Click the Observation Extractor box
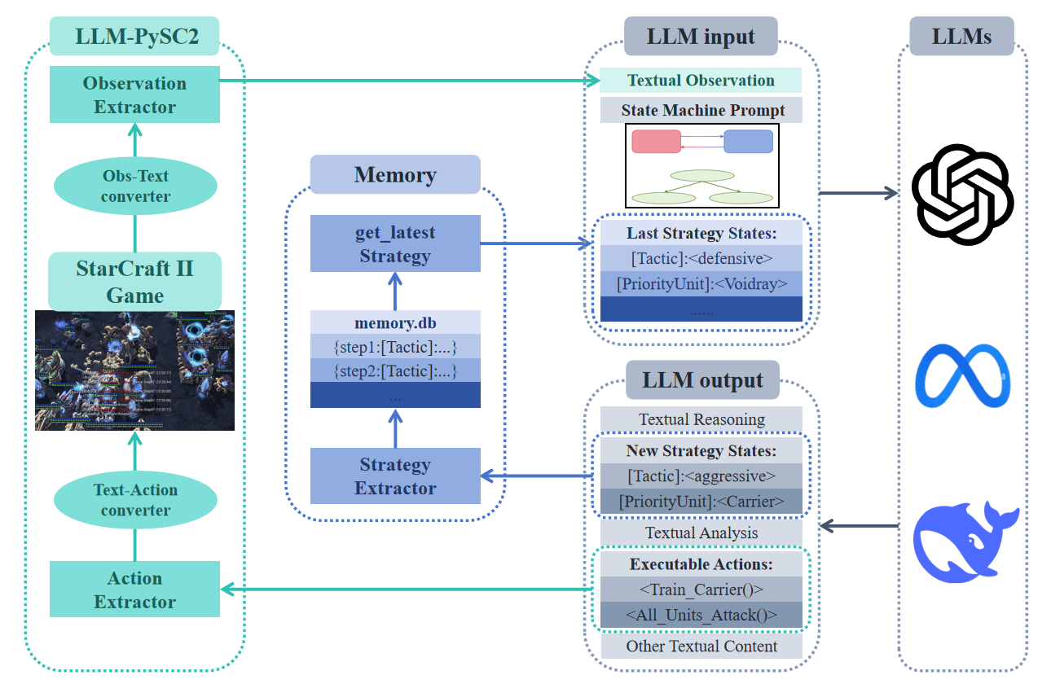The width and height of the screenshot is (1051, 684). click(134, 94)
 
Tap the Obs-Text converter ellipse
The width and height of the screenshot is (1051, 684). click(135, 186)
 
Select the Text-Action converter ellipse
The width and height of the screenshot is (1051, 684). click(135, 500)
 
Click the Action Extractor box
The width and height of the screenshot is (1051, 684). click(134, 590)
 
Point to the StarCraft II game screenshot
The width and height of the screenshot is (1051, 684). click(134, 370)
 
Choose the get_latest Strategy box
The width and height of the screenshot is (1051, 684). click(395, 243)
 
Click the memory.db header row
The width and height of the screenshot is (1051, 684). click(395, 323)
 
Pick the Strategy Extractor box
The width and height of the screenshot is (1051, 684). click(395, 476)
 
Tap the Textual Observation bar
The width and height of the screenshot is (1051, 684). click(701, 81)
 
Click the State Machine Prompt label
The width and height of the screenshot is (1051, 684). click(701, 110)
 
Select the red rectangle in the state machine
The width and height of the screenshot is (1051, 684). click(656, 141)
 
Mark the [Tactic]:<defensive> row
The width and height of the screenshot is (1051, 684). click(701, 259)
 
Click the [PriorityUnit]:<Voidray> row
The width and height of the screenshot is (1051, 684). click(701, 283)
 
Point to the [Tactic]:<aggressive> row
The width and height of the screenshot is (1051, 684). click(701, 476)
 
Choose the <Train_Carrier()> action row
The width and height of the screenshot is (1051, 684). click(701, 589)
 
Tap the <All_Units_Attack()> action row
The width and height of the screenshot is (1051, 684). click(701, 615)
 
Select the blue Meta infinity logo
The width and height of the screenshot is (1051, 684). click(962, 375)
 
